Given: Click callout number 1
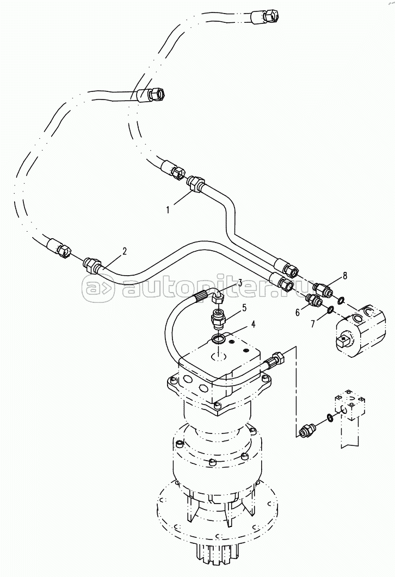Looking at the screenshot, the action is coord(168,210).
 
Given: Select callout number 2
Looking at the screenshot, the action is coord(125,251).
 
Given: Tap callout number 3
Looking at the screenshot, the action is coord(239,283).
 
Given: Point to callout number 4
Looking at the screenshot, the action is coord(253,324).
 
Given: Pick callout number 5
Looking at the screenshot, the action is coord(244,308).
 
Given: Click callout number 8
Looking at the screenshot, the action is coord(345,276).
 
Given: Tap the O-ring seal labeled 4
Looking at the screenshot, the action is coord(220,339).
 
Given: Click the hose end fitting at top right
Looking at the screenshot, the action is coord(264,16).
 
